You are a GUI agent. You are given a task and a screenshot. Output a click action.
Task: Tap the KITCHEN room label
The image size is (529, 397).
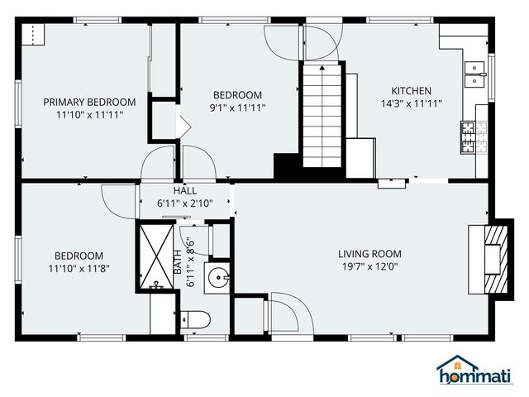411,91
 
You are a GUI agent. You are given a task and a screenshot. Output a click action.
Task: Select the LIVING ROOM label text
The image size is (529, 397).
369,254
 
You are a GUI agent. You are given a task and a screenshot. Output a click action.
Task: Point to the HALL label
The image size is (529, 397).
184,190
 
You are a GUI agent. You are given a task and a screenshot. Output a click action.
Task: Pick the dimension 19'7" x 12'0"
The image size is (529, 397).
369,267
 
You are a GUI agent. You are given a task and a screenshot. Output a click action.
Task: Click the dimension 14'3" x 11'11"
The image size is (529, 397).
411,103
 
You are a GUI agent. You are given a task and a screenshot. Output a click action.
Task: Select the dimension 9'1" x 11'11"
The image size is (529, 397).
237,108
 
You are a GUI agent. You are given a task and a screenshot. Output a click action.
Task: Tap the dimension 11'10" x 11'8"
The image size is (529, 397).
79,268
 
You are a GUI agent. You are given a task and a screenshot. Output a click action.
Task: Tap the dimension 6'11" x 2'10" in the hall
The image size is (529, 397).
184,203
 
